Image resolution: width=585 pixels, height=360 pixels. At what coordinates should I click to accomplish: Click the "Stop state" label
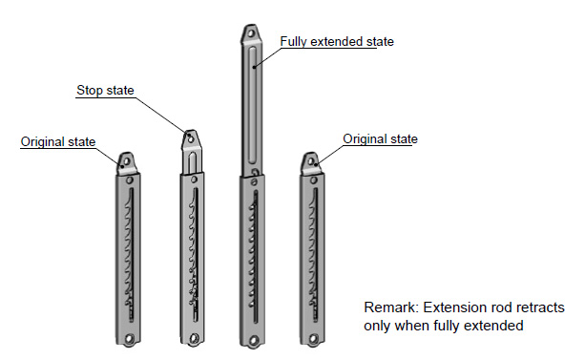tap(105, 91)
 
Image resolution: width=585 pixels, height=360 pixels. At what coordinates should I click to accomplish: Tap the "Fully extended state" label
tap(337, 41)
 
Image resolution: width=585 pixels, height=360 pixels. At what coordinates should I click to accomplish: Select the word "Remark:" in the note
tap(391, 307)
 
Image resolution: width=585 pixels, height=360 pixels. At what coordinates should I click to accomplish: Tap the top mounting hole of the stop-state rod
tap(190, 139)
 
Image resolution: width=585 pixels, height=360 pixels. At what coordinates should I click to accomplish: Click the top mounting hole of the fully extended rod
tap(251, 33)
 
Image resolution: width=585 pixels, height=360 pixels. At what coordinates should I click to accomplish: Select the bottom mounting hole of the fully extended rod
tap(254, 340)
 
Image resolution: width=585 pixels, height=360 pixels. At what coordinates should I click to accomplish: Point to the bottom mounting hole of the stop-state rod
tap(194, 339)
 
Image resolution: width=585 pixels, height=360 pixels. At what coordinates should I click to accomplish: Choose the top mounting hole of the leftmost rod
tap(127, 161)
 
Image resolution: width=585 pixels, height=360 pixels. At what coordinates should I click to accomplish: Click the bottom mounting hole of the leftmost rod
tap(129, 339)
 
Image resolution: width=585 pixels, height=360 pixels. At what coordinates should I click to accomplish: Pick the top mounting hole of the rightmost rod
tap(310, 161)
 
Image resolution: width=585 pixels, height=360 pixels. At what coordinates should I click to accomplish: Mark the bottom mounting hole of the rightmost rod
tap(313, 339)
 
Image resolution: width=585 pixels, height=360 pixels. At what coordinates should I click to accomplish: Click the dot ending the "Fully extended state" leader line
tap(254, 67)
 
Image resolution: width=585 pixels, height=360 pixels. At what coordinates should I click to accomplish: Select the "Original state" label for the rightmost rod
tap(380, 138)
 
